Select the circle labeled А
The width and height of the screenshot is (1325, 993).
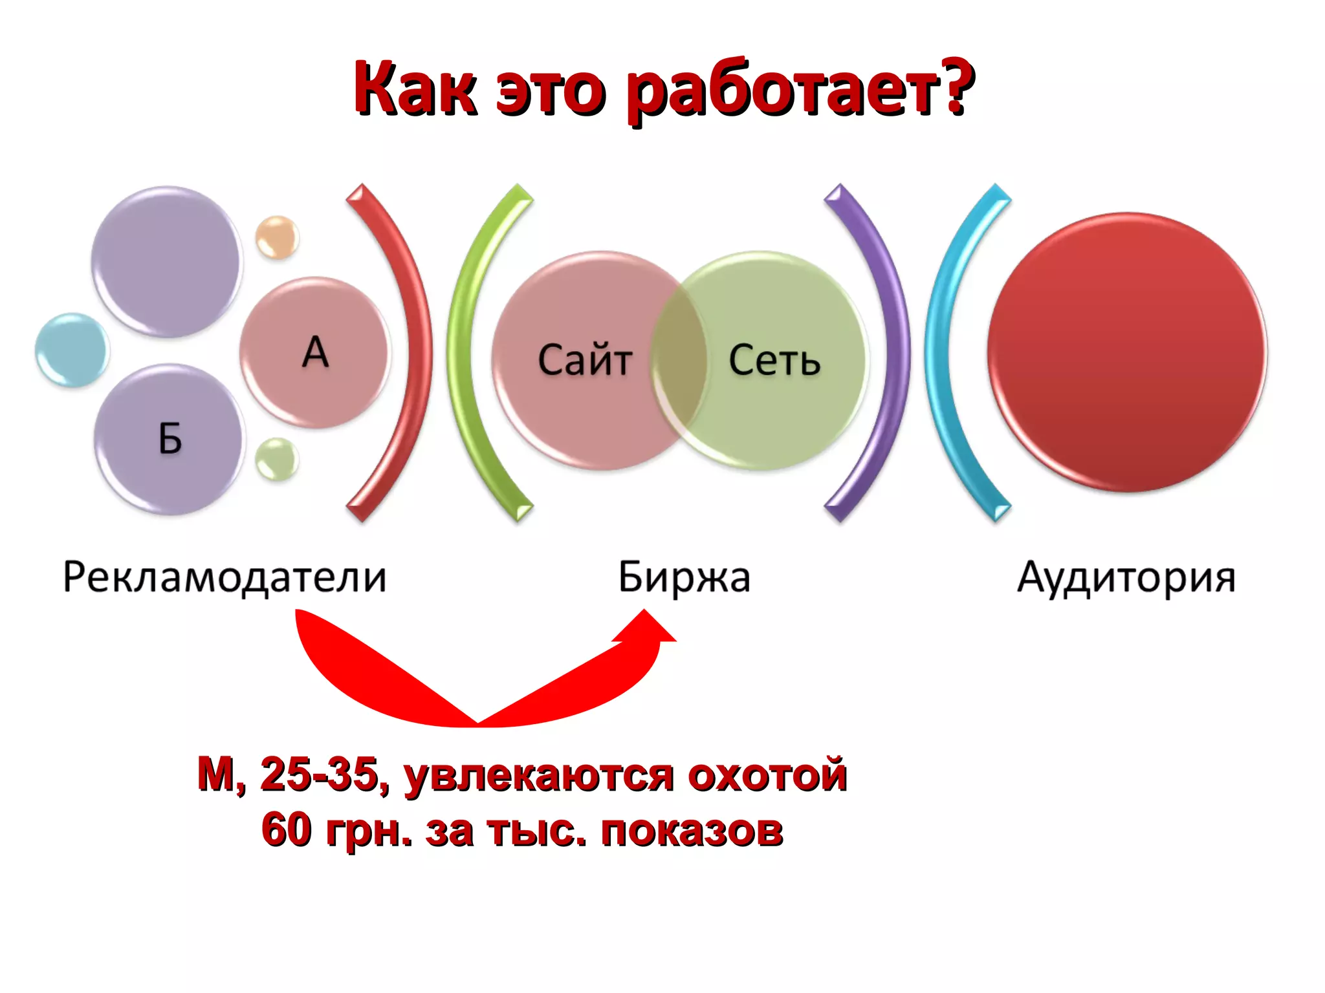tap(315, 352)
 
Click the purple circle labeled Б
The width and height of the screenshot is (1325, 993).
tap(170, 440)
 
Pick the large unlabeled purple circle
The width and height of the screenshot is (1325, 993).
tap(166, 262)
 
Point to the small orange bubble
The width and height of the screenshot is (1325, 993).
tap(277, 237)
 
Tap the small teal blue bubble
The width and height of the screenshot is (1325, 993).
tap(72, 350)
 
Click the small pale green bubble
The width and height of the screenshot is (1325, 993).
tap(277, 459)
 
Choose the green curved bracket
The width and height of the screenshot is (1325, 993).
tap(461, 352)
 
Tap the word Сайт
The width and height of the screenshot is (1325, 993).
tap(584, 360)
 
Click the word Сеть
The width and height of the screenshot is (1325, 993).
tap(774, 360)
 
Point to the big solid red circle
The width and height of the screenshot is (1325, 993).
tap(1127, 352)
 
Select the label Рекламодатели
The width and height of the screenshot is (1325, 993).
tap(224, 577)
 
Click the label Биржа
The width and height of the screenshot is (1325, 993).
tap(684, 577)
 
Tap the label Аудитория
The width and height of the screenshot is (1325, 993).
tap(1126, 577)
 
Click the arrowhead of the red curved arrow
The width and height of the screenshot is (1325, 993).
tap(646, 626)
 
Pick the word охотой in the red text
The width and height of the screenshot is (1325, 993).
tap(767, 774)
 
